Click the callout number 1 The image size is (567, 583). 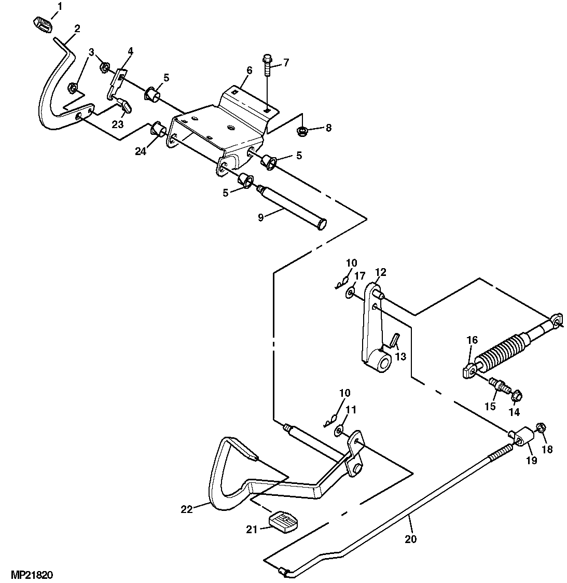pos(59,7)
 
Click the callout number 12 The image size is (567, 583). pos(380,272)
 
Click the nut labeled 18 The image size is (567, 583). pos(539,428)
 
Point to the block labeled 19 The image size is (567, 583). pos(523,436)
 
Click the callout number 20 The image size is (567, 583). pos(410,539)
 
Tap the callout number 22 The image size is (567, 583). pos(186,509)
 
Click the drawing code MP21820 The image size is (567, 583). pos(30,575)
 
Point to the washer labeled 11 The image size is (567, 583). pos(339,429)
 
